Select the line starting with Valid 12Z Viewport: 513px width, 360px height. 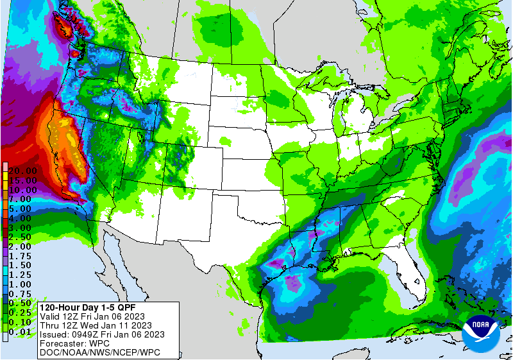(92, 316)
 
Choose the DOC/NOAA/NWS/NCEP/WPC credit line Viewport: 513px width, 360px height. (99, 352)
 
